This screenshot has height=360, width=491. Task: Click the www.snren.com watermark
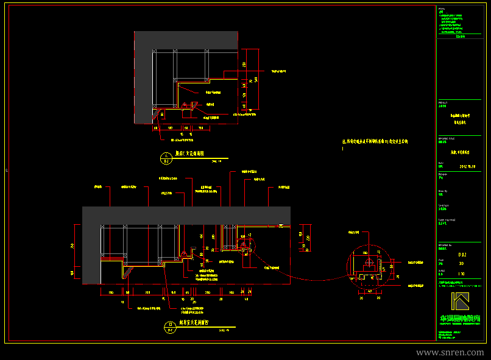450,353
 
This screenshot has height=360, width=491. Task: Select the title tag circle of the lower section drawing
168,327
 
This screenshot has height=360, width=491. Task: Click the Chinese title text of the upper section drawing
189,155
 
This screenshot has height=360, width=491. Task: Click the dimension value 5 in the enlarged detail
390,266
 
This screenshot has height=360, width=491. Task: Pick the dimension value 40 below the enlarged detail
370,291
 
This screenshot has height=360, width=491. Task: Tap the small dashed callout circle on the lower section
247,249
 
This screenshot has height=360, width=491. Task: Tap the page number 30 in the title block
461,264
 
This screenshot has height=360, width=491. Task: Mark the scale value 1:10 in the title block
461,274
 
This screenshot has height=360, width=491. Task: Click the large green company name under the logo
461,318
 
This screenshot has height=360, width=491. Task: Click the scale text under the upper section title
216,161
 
